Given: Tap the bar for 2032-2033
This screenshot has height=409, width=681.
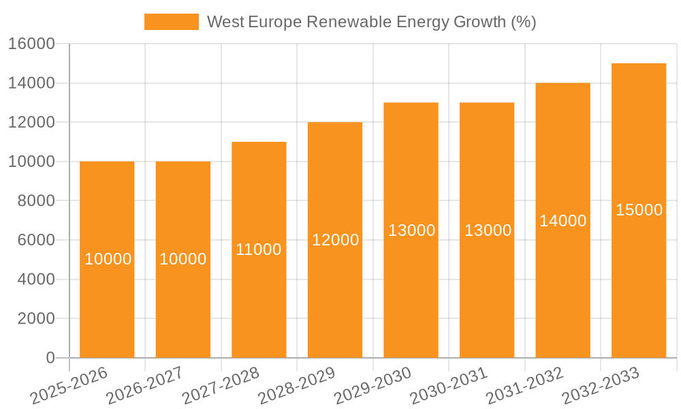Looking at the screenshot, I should coord(639,286).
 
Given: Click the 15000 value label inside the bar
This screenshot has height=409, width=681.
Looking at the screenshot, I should coord(639,210).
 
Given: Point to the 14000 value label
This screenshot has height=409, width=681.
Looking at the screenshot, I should coord(563,221).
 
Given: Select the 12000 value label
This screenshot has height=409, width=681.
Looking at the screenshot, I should coord(335,240).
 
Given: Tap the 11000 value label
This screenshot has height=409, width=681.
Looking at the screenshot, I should coord(259,249).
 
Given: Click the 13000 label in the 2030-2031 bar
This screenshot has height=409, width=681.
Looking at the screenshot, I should coord(488,230).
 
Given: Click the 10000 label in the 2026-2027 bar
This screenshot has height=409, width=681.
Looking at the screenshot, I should coord(183,259).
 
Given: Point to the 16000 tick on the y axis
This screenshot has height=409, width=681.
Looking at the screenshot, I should coord(31,44).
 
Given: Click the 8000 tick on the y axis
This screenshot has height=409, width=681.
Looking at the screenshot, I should coord(36,201).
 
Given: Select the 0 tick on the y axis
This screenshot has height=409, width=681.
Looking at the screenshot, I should coord(50,358).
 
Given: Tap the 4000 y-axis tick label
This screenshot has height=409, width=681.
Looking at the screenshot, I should coord(36,279).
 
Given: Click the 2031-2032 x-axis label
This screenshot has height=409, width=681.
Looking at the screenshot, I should coord(525,385).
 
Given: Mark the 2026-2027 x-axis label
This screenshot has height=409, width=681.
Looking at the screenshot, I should coord(145,385).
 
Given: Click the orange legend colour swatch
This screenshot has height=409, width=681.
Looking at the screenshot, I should coord(172,22).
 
